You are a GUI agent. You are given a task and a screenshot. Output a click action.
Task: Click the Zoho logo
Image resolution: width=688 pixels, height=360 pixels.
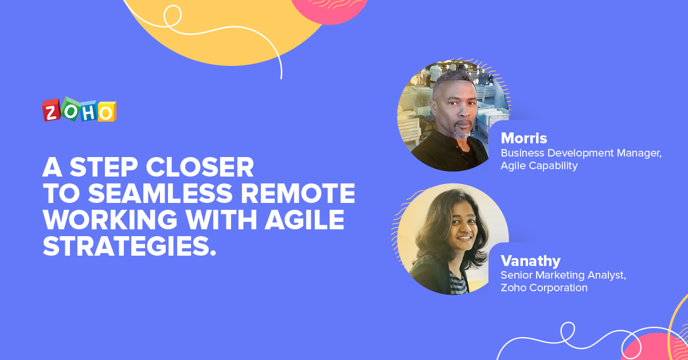pyautogui.click(x=79, y=109)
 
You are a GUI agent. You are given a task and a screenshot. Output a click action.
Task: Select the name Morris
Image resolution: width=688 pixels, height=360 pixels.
pyautogui.click(x=523, y=139)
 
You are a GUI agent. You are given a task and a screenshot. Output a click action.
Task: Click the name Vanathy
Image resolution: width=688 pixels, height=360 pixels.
pyautogui.click(x=530, y=261)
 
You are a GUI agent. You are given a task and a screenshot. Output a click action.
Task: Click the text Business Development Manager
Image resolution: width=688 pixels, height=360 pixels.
pyautogui.click(x=581, y=154)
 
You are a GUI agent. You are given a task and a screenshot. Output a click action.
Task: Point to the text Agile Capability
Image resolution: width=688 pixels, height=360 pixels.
pyautogui.click(x=539, y=166)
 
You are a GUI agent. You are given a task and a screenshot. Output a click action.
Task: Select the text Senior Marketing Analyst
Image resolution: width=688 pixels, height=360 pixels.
pyautogui.click(x=563, y=275)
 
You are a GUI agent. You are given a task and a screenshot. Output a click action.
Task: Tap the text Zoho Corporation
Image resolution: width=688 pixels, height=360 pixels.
pyautogui.click(x=544, y=288)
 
